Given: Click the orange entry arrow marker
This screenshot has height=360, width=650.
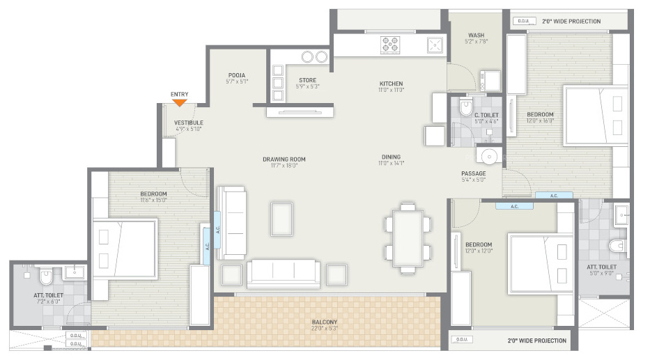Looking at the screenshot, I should (x=179, y=102).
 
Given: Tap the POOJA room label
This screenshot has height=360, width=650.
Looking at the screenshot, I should (x=237, y=76).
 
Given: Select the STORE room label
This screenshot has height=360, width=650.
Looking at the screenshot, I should (x=307, y=81).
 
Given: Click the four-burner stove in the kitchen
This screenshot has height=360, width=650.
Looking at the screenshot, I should (x=390, y=45).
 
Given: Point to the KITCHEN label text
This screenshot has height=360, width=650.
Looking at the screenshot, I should (x=391, y=84).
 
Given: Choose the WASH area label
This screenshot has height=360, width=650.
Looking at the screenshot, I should (x=477, y=36).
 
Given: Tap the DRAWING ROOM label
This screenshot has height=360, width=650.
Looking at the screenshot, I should (x=284, y=159).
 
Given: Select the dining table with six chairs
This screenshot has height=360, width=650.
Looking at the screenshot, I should (x=408, y=237).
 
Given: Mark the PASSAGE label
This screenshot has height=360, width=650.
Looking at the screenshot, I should (x=473, y=174).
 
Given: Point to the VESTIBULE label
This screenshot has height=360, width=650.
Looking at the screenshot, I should (x=188, y=123).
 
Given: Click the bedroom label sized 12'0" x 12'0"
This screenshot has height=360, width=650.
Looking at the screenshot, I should (x=479, y=245).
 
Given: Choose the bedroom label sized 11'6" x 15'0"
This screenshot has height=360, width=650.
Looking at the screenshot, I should (x=153, y=194).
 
